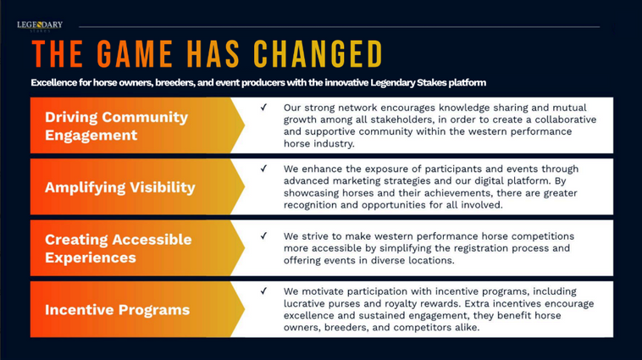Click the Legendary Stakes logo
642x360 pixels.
pos(40,25)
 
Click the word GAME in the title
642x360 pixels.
pos(135,54)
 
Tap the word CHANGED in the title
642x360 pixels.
pos(318,54)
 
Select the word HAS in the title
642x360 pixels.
pos(213,54)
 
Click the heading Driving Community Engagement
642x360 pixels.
pos(116,125)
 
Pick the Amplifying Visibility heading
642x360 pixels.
pos(120,187)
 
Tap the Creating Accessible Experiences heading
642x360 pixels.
pos(119,248)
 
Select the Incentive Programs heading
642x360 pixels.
pos(118,310)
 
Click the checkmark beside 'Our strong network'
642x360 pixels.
pos(263,108)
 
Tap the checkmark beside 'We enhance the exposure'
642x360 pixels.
pos(263,169)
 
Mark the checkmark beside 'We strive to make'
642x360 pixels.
pos(263,235)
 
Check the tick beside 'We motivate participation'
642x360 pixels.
pos(263,291)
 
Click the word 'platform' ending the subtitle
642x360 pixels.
pos(468,83)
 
